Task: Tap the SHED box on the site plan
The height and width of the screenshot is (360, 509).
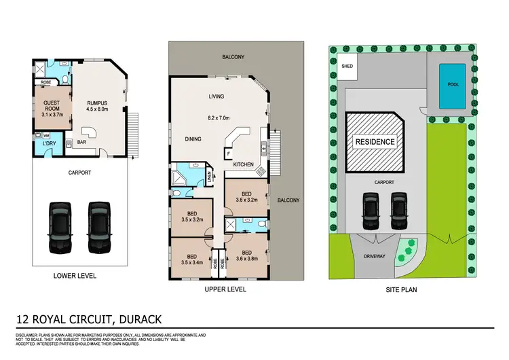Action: (347, 67)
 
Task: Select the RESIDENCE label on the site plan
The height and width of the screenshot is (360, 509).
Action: (373, 143)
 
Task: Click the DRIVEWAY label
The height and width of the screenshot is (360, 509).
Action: (374, 257)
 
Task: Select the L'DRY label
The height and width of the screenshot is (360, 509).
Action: (49, 145)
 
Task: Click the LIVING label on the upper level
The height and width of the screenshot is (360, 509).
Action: (216, 96)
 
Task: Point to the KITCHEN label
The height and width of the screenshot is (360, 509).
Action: (244, 165)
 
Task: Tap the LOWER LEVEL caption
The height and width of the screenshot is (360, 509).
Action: (75, 276)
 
